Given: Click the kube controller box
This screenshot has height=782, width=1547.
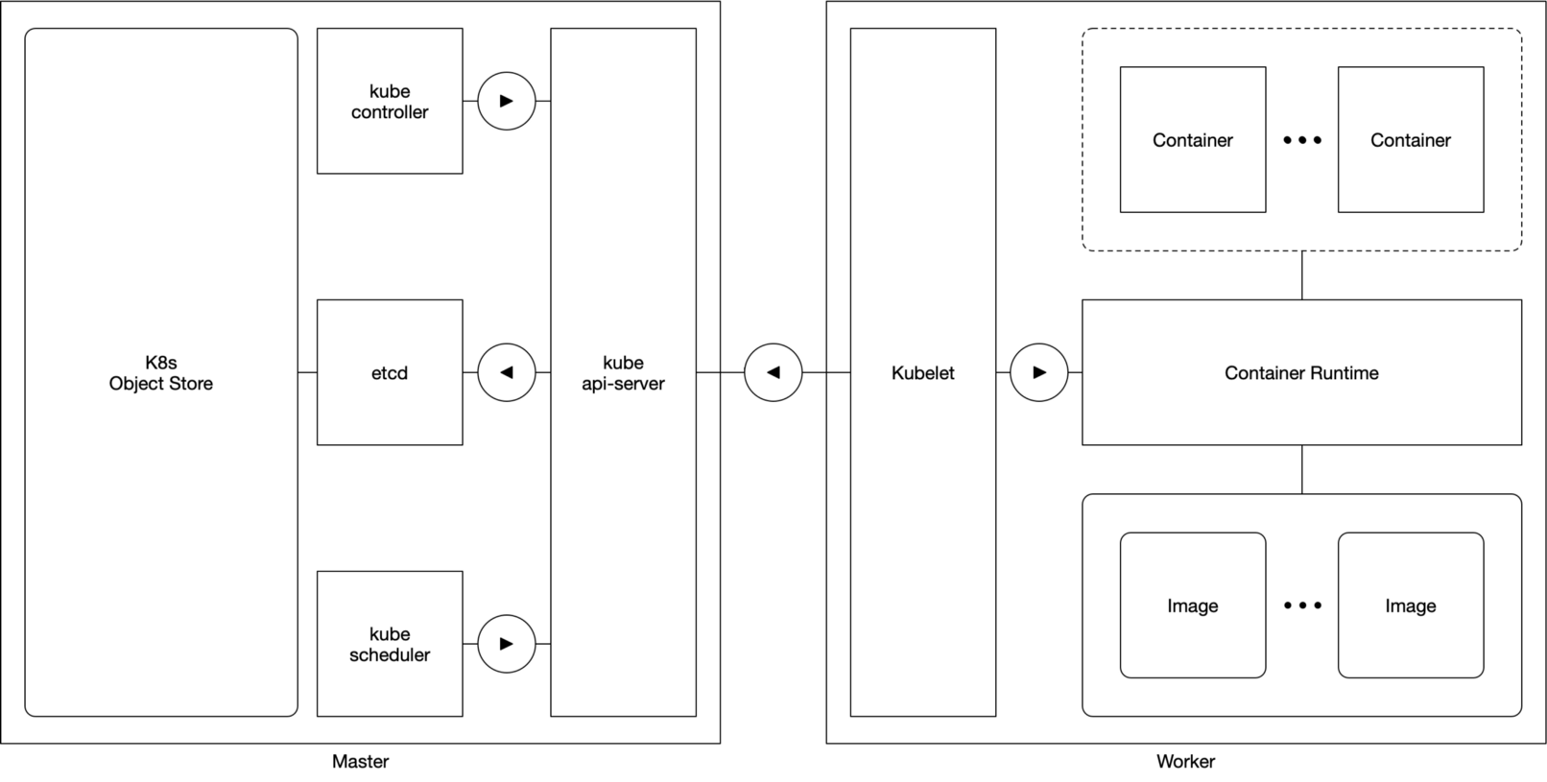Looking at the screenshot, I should pos(390,102).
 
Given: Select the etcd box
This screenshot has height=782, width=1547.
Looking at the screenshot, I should pos(390,372).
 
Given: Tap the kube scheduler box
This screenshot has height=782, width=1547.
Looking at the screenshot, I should pos(390,644).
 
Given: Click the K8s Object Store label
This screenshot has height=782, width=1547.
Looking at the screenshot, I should pos(161,373).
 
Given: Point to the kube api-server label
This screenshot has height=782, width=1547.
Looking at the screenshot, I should pos(623,373).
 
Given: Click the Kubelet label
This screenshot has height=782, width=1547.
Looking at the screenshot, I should pos(922,373).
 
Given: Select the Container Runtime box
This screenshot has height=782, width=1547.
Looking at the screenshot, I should pos(1301,373).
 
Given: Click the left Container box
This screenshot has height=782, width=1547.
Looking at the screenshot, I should pos(1192,140).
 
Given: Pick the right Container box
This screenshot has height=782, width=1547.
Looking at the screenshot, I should pos(1410,140).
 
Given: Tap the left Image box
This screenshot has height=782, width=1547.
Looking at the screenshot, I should pos(1192,605).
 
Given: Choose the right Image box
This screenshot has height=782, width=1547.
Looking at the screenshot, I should pos(1410,605).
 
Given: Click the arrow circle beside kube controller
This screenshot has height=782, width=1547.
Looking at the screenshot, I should pos(507,101).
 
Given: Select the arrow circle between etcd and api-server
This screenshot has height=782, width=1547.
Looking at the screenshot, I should pos(507,372).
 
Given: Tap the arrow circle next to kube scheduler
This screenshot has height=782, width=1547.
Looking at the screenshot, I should pos(507,644).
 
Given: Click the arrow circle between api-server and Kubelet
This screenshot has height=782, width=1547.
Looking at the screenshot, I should pos(773,372).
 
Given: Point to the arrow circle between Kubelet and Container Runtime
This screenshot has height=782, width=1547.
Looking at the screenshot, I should pos(1039,372).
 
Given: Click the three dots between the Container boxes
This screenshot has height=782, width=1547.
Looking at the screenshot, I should pos(1302,140).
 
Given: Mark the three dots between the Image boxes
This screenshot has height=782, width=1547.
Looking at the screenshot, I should pos(1302,605).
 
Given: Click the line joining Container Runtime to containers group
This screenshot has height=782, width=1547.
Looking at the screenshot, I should pos(1302,275).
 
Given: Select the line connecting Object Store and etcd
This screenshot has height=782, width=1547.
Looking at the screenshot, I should pos(307,372).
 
